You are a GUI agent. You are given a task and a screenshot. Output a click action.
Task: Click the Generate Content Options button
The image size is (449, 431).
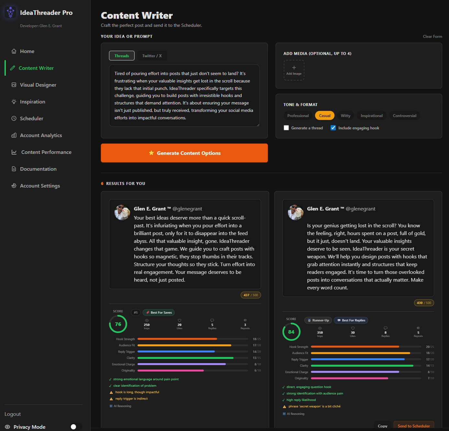click(184, 153)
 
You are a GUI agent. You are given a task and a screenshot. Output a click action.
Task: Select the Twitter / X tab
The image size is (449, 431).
click(152, 56)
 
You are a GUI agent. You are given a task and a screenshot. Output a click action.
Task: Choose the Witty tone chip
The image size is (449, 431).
click(345, 115)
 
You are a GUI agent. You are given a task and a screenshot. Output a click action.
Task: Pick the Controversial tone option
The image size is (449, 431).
click(404, 115)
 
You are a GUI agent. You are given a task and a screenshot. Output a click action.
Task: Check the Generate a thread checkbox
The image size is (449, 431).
click(286, 128)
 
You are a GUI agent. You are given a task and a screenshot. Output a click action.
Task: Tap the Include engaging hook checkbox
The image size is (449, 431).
click(333, 128)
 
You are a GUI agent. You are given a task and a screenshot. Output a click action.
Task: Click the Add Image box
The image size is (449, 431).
click(294, 70)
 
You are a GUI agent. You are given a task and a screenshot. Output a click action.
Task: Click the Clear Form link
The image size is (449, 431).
click(432, 37)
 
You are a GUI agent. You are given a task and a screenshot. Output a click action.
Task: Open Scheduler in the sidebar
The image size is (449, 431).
click(31, 118)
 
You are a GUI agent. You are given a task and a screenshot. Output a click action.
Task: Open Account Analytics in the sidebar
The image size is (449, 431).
click(41, 135)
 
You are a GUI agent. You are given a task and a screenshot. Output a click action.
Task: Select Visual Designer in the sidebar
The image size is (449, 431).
click(38, 85)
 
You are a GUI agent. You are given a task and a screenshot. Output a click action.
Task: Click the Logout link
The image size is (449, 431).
click(13, 414)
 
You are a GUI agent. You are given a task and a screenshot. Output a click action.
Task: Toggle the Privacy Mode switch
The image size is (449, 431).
click(76, 427)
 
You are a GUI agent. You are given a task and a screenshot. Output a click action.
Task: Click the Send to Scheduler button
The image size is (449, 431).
click(413, 426)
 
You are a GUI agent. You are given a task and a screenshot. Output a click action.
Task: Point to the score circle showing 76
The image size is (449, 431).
click(118, 324)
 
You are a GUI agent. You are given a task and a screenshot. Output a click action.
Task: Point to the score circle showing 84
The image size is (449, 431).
click(291, 332)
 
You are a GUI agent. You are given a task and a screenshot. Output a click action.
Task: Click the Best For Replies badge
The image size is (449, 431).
click(351, 320)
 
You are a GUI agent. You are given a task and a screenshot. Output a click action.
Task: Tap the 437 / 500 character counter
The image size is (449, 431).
click(251, 295)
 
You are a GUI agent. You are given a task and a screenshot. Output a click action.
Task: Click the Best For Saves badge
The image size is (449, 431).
click(159, 312)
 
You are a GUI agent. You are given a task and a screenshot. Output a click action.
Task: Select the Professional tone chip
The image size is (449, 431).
click(298, 115)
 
